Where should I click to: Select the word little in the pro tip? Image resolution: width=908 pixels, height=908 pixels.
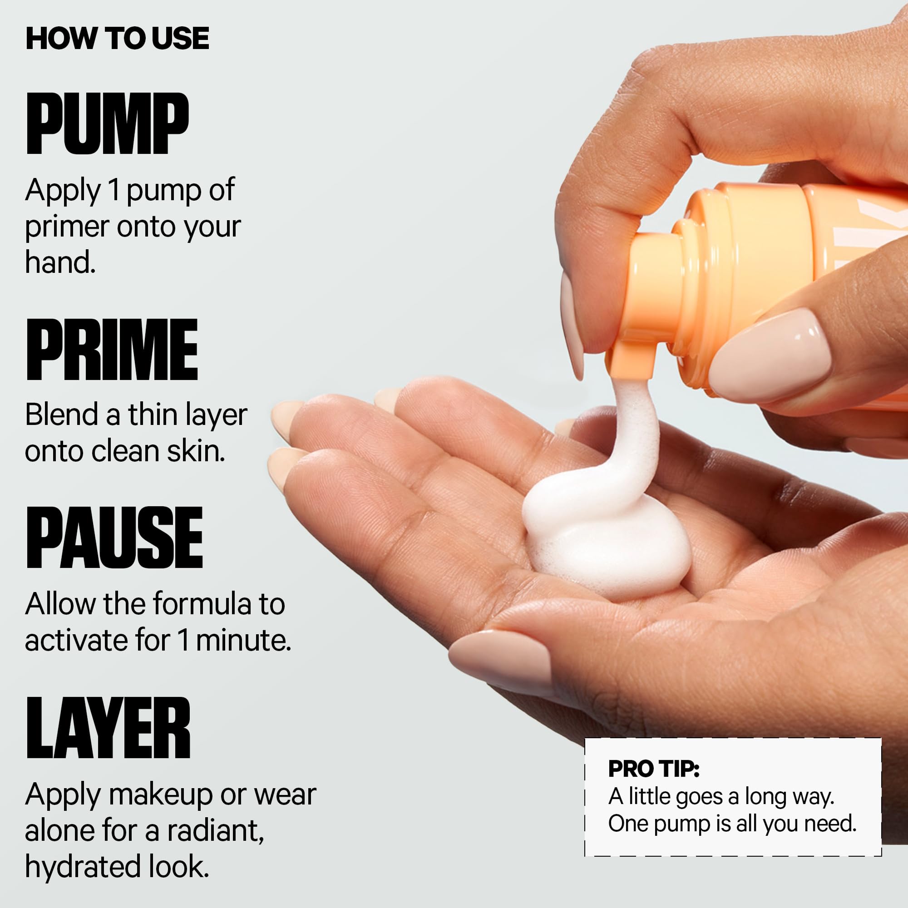[x=650, y=796]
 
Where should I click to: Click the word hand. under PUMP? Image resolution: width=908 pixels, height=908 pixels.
[x=60, y=262]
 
